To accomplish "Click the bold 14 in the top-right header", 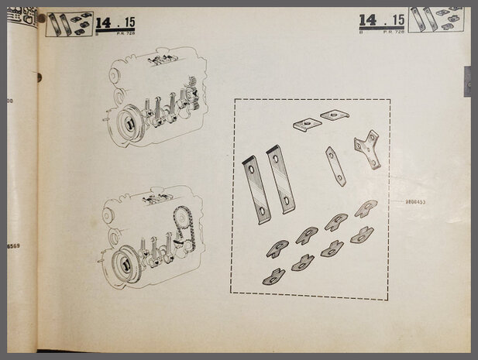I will [x=368, y=19].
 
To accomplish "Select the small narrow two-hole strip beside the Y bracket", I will [x=335, y=166].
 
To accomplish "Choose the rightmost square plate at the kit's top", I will [x=335, y=115].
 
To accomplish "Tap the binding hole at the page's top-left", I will [x=41, y=18].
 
